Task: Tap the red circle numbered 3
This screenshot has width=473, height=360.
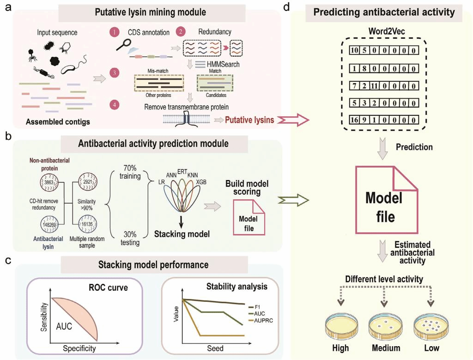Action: (113, 72)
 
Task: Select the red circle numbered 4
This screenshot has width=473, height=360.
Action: (113, 104)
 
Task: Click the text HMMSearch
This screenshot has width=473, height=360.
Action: (224, 64)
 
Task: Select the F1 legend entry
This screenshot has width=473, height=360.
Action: (251, 306)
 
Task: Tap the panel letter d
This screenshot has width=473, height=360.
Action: (299, 9)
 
